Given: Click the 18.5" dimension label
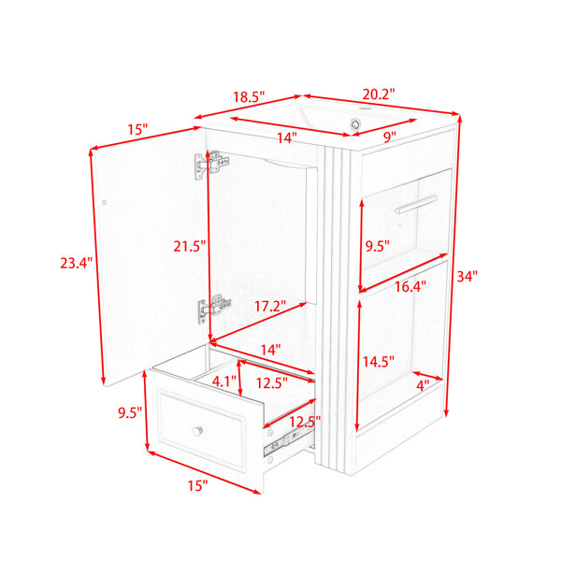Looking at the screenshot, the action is (x=249, y=97).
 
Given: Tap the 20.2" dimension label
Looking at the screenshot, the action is (x=379, y=94).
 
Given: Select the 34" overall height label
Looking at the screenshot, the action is (x=467, y=276).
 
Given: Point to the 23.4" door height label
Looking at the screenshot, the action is (x=76, y=263).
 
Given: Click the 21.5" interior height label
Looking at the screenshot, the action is (x=190, y=246).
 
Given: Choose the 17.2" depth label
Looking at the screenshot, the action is (x=270, y=307).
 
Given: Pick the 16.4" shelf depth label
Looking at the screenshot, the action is (x=410, y=286).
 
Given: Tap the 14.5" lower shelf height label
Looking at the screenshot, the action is (x=378, y=362).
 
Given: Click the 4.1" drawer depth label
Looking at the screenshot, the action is (x=224, y=381).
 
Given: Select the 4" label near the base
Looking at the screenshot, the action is (x=423, y=385).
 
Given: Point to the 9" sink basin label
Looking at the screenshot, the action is (x=390, y=137).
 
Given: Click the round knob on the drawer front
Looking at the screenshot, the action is (x=197, y=431).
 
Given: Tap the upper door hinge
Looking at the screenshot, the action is (x=212, y=165).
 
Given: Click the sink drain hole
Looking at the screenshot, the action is (x=355, y=123).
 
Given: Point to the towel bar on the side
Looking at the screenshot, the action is (x=416, y=204).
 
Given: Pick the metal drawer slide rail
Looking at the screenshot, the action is (x=288, y=441).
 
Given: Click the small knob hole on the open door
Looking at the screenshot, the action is (x=104, y=202).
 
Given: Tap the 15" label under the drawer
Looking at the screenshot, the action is (x=197, y=485).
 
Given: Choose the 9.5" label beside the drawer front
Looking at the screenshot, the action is (x=130, y=413).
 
